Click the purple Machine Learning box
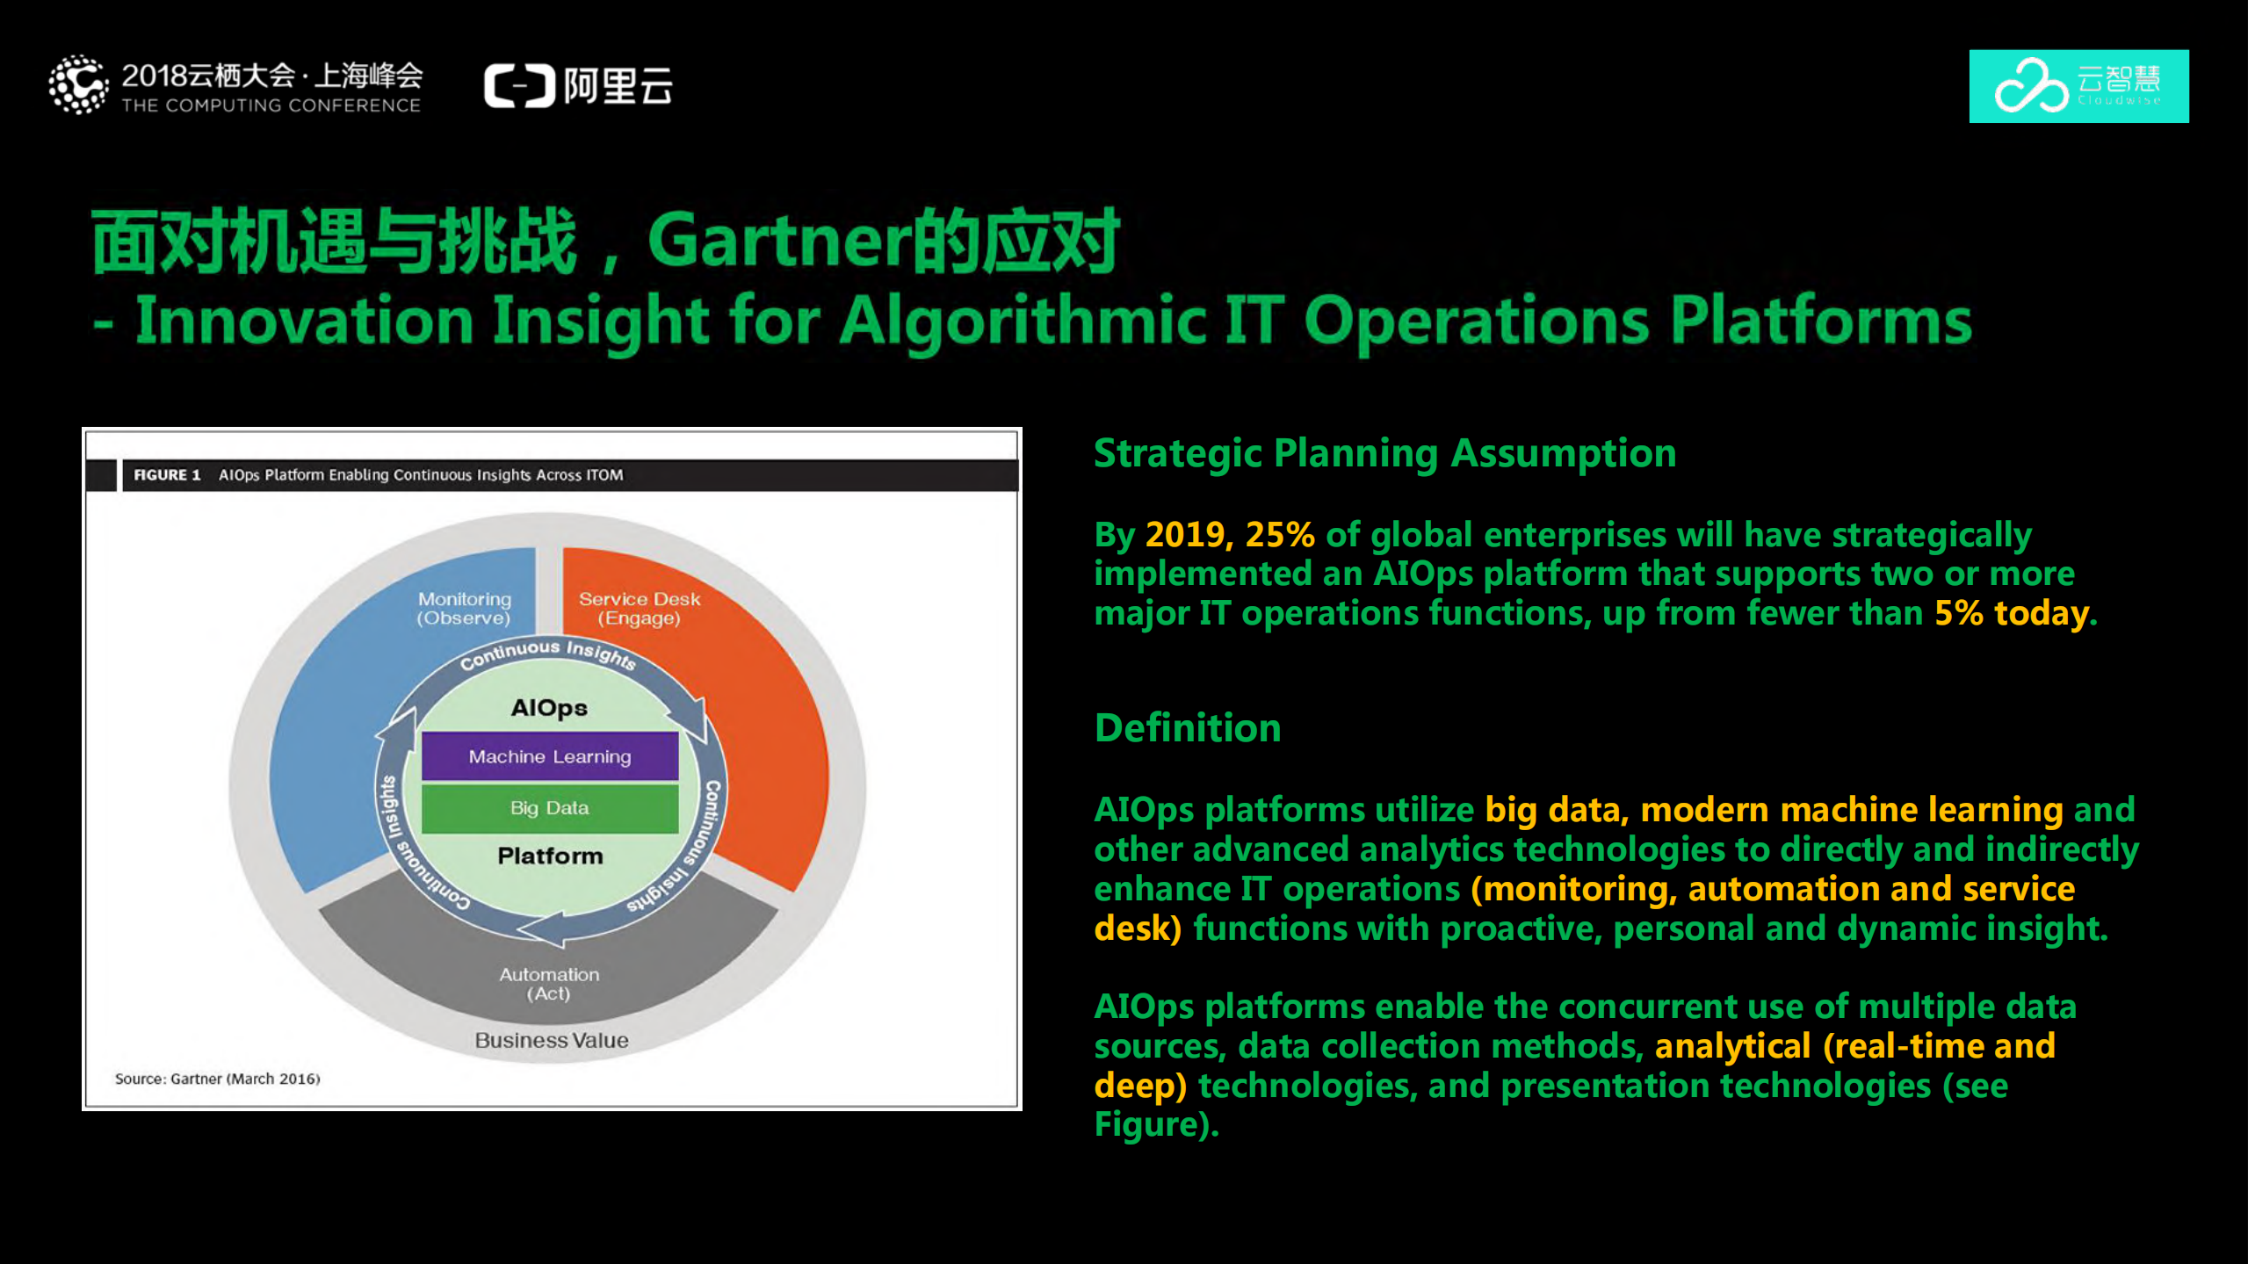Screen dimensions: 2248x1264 click(x=550, y=756)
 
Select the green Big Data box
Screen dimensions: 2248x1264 click(x=550, y=808)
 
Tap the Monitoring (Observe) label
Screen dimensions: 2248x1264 click(x=464, y=609)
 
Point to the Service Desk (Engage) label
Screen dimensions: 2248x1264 click(x=640, y=609)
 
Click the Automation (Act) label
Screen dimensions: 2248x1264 click(x=549, y=984)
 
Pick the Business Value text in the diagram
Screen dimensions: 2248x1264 click(x=552, y=1040)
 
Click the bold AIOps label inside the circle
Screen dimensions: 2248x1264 click(x=549, y=708)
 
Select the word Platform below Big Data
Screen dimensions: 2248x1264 click(x=550, y=856)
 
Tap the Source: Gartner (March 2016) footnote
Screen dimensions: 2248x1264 click(x=217, y=1079)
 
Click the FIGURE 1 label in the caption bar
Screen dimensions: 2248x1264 click(x=167, y=475)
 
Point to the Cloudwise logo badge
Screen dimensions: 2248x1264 click(x=2078, y=86)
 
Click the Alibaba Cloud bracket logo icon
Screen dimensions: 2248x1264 click(x=520, y=86)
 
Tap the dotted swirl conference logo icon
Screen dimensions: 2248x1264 click(x=79, y=85)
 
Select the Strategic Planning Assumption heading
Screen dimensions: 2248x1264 click(x=1384, y=454)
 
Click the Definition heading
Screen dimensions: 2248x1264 click(x=1188, y=728)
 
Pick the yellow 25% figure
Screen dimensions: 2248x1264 click(x=1280, y=535)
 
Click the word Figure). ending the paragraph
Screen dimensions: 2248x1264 click(x=1156, y=1125)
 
